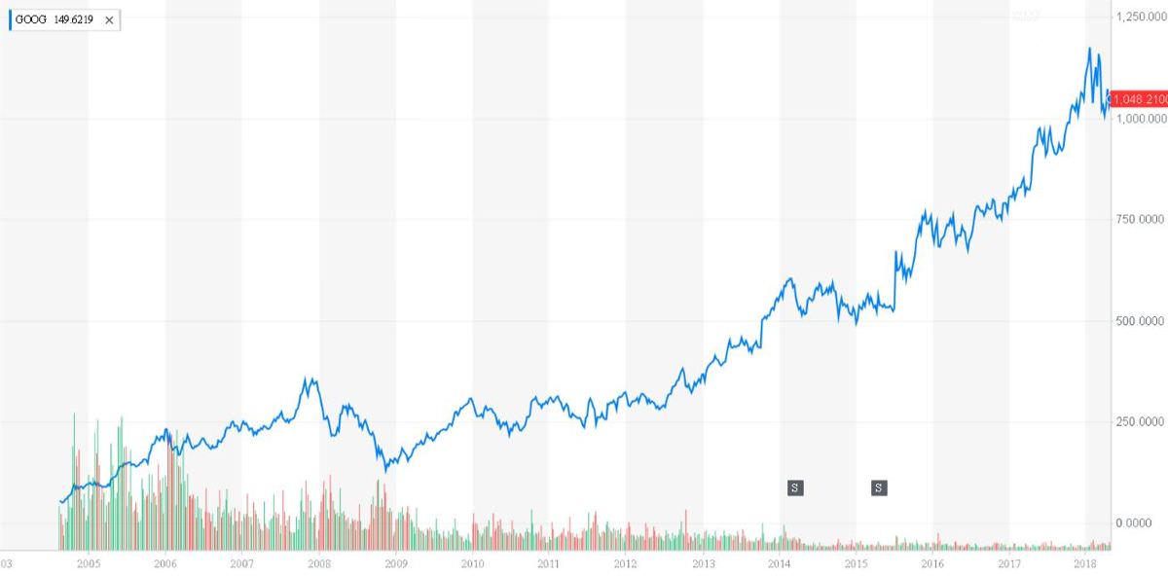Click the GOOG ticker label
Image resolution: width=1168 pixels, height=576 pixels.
32,19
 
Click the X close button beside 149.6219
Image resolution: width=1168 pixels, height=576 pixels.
109,19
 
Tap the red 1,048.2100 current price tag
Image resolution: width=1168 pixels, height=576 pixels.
1139,99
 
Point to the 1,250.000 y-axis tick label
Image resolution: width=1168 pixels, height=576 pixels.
1141,17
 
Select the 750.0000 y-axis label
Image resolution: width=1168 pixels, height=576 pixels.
1139,220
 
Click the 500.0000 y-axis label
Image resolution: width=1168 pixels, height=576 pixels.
1139,321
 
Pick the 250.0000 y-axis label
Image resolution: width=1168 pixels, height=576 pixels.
1139,422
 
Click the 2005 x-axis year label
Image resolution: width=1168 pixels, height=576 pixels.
89,563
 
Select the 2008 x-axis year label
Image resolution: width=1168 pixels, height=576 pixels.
318,563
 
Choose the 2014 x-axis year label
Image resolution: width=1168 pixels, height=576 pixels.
780,563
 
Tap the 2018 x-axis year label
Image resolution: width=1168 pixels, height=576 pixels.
1085,563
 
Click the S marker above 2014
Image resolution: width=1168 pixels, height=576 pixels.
795,487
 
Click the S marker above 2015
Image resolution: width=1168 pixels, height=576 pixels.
879,487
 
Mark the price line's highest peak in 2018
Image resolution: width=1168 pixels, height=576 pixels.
1089,49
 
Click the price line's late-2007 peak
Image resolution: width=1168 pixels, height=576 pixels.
310,378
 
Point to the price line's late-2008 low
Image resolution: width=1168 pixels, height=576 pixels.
386,470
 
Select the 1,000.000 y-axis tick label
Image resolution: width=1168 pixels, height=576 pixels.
1141,119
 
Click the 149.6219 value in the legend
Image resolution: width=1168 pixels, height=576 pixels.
75,19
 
